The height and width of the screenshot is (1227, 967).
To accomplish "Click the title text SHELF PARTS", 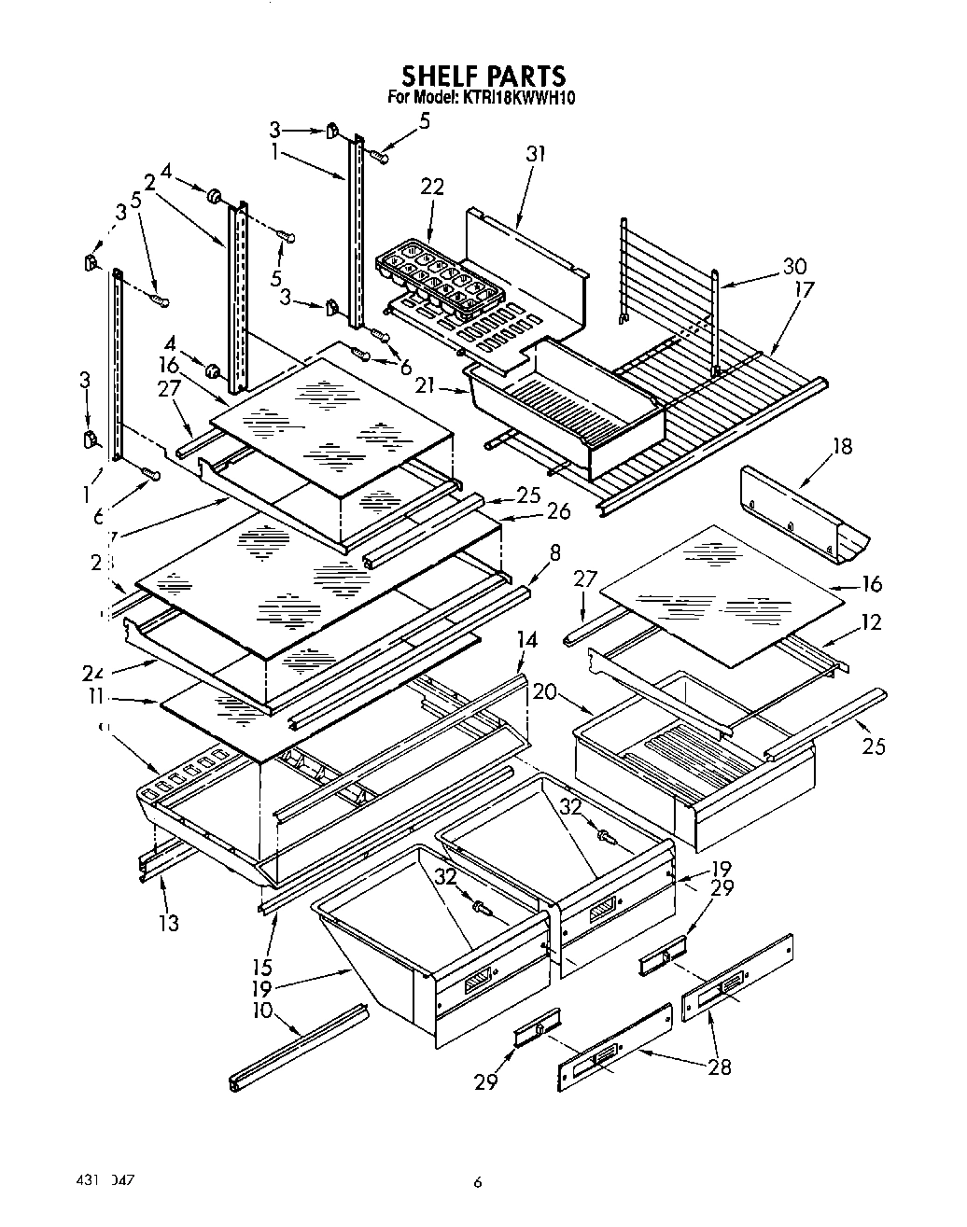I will tap(483, 75).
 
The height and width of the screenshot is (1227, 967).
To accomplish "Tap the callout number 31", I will tap(535, 154).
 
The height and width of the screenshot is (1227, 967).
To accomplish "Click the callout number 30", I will tap(795, 266).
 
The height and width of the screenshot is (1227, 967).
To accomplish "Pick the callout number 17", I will tap(802, 290).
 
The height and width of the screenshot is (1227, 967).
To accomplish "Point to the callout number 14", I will tap(527, 640).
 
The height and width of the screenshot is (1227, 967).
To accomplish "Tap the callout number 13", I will tap(168, 923).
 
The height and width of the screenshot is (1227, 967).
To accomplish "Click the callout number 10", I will tap(261, 1011).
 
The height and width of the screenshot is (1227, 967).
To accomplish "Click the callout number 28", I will tap(719, 1067).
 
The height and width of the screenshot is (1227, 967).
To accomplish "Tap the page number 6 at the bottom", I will tap(477, 1182).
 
